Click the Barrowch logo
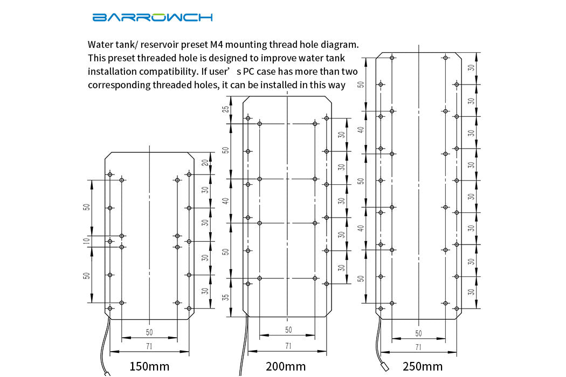[x=153, y=17]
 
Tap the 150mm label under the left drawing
[x=149, y=367]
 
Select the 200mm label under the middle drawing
[x=286, y=367]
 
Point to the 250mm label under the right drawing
[x=423, y=367]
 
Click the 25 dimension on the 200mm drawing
[x=226, y=109]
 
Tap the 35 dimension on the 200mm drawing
[x=226, y=297]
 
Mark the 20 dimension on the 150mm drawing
[x=205, y=163]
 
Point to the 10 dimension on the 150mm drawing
[x=86, y=241]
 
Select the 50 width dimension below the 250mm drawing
[x=419, y=333]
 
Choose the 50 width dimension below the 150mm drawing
[x=149, y=332]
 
